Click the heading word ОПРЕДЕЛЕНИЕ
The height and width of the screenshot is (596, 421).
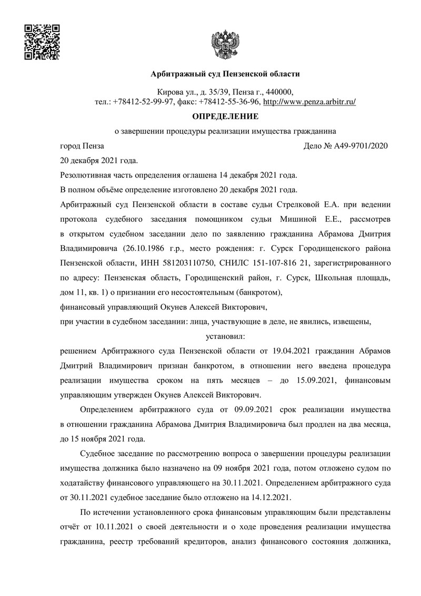point(225,116)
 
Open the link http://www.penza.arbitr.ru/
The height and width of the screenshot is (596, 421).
point(309,102)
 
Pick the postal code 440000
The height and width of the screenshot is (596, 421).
point(284,92)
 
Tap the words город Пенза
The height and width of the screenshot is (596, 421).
point(82,146)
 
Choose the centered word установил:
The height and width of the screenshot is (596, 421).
point(225,334)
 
